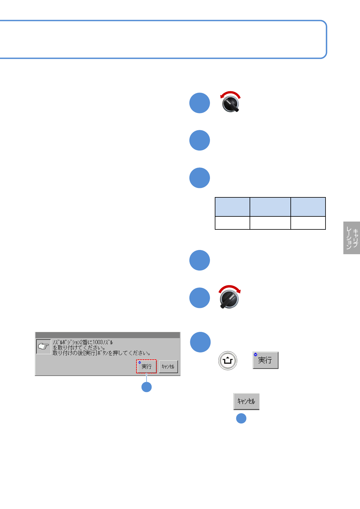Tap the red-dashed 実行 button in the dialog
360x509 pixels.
coord(146,366)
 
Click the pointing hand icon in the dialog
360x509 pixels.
coord(44,346)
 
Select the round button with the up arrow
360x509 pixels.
coord(227,361)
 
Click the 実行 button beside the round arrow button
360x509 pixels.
coord(265,360)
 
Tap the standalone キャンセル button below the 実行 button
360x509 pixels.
coord(246,401)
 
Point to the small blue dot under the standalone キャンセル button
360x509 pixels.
coord(241,418)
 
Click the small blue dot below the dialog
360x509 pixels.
coord(147,387)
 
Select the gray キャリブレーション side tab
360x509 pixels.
coord(352,238)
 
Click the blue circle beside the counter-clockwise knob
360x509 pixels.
coord(200,103)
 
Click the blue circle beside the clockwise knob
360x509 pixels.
coord(200,298)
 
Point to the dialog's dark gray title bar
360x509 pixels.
coord(107,335)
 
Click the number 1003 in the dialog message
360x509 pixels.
coord(98,342)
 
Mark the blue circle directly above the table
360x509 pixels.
coord(200,178)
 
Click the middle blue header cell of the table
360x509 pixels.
coord(270,207)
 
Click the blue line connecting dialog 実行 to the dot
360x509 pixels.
coord(147,378)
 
